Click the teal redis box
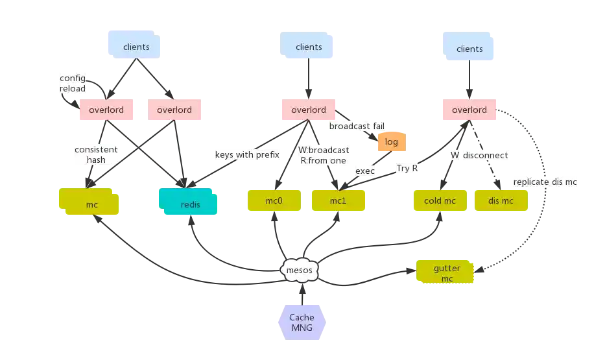187,203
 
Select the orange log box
392,141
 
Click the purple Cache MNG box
302,322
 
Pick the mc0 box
274,200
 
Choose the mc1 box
338,200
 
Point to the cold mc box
440,200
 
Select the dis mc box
501,200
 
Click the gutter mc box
447,272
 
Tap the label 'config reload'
73,83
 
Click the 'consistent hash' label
96,154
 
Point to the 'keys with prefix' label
246,155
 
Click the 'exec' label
365,171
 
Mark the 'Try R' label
407,168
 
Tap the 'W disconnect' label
479,156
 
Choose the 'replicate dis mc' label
545,182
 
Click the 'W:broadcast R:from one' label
323,155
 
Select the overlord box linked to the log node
308,110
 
